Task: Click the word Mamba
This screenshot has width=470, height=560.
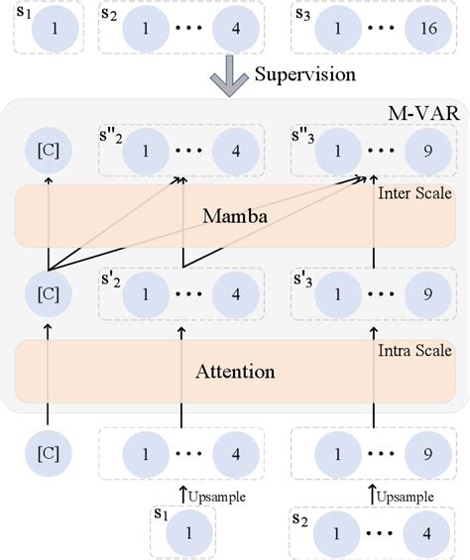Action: pos(231,214)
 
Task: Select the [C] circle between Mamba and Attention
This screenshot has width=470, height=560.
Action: pos(49,296)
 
